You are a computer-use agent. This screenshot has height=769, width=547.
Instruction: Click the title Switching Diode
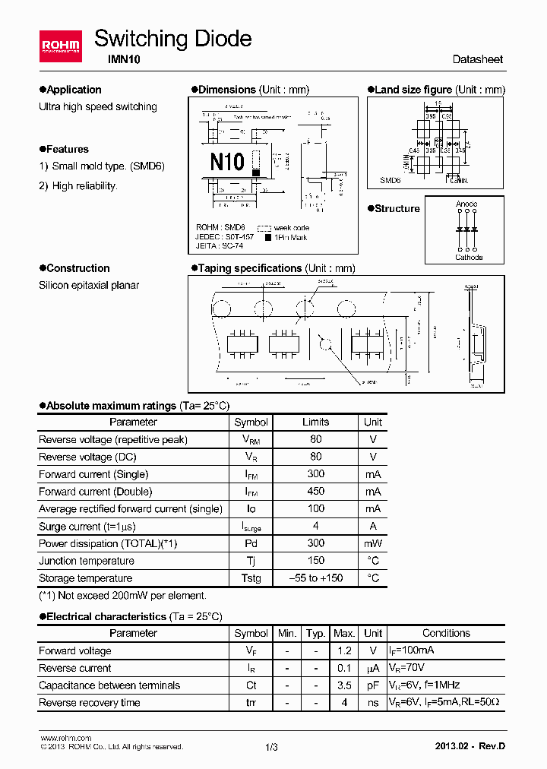pyautogui.click(x=172, y=39)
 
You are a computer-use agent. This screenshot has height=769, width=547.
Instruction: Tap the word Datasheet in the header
pyautogui.click(x=477, y=59)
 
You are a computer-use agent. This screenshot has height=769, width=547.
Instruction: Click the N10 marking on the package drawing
pyautogui.click(x=226, y=161)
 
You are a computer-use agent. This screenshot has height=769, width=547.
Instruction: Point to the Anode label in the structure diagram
pyautogui.click(x=466, y=204)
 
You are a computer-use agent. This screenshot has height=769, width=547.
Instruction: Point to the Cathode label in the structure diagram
pyautogui.click(x=468, y=257)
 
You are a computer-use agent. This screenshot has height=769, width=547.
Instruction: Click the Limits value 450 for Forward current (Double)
pyautogui.click(x=315, y=492)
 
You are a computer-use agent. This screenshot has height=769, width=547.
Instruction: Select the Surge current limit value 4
pyautogui.click(x=315, y=526)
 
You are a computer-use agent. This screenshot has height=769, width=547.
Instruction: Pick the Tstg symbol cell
pyautogui.click(x=251, y=578)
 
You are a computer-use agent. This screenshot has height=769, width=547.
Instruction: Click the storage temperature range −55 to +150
pyautogui.click(x=315, y=578)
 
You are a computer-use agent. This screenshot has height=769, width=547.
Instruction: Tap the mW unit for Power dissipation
pyautogui.click(x=372, y=543)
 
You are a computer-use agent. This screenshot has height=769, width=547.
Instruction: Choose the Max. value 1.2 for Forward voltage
pyautogui.click(x=344, y=650)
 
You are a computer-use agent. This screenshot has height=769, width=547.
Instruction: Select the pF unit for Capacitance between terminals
pyautogui.click(x=372, y=685)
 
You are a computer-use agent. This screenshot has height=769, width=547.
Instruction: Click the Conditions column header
pyautogui.click(x=446, y=633)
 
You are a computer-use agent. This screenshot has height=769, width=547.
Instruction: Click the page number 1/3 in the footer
pyautogui.click(x=272, y=747)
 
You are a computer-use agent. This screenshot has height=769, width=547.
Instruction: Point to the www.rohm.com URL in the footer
pyautogui.click(x=65, y=738)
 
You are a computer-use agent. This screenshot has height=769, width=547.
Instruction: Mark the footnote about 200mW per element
pyautogui.click(x=122, y=596)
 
